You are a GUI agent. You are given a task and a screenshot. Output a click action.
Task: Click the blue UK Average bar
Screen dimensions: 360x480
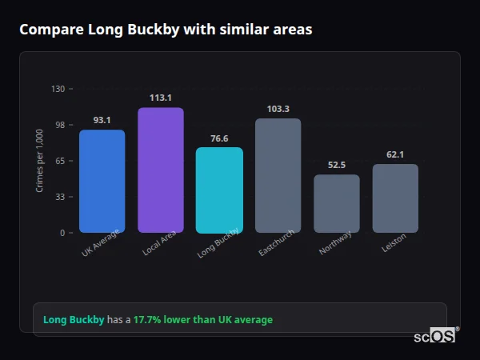(x=102, y=181)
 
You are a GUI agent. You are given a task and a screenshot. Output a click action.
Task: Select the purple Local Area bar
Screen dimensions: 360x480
(x=160, y=170)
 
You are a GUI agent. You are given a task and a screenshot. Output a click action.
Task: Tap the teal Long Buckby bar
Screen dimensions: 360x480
(x=219, y=190)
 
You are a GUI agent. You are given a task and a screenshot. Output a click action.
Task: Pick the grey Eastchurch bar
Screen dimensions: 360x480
(x=278, y=175)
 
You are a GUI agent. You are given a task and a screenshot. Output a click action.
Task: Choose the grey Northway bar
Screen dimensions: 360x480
(x=336, y=203)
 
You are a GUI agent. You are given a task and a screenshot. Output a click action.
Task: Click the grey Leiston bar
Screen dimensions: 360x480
(x=395, y=198)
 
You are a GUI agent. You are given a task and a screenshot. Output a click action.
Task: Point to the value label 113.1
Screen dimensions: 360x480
(x=160, y=98)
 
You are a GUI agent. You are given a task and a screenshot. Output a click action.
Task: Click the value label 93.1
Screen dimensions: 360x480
(x=102, y=120)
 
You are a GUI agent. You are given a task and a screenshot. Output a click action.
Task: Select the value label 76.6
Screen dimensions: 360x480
(x=219, y=138)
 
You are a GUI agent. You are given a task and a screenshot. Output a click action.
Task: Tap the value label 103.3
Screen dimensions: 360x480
(x=278, y=109)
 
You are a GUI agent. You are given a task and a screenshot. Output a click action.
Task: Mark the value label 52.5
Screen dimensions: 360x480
(x=336, y=165)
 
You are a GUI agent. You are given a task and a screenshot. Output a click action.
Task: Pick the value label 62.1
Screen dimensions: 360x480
(x=395, y=154)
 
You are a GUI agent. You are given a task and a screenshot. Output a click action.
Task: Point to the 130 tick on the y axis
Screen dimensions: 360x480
(x=58, y=89)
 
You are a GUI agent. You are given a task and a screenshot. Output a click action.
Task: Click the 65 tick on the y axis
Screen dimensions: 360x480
(x=59, y=161)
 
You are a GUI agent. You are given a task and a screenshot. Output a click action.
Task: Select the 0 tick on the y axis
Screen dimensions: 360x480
(x=62, y=233)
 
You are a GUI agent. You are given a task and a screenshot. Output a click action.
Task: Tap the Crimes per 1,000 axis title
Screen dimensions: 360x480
(x=40, y=161)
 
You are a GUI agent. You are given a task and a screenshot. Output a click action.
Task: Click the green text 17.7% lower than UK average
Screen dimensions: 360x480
(x=202, y=320)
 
